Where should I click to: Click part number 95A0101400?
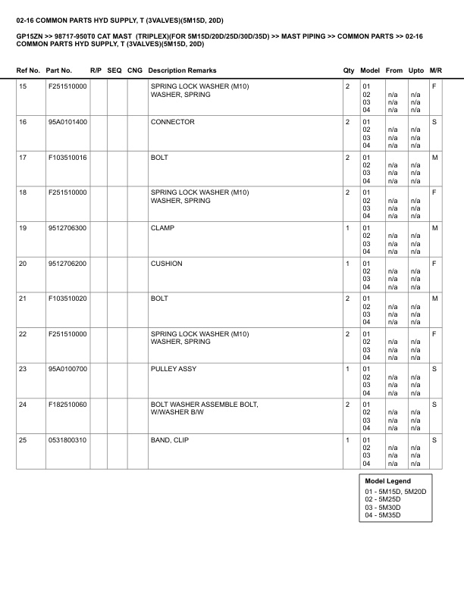click(x=67, y=122)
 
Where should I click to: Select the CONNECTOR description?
click(x=173, y=122)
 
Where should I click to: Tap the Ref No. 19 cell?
click(x=23, y=228)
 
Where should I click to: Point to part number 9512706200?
click(x=67, y=264)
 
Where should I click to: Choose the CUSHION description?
click(x=167, y=264)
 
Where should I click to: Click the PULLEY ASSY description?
click(x=174, y=369)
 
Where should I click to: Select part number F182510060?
click(x=67, y=405)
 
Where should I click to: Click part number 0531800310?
click(x=67, y=440)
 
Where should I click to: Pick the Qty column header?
click(x=349, y=70)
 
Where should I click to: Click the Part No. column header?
click(x=59, y=70)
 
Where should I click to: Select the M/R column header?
click(x=435, y=70)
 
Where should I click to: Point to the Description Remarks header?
click(x=183, y=70)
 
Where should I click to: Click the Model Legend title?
click(x=387, y=481)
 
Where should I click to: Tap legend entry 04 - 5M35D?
click(x=383, y=515)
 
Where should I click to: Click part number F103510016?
click(x=67, y=158)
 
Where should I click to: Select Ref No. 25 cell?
click(x=23, y=440)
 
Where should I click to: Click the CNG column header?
click(x=135, y=70)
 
